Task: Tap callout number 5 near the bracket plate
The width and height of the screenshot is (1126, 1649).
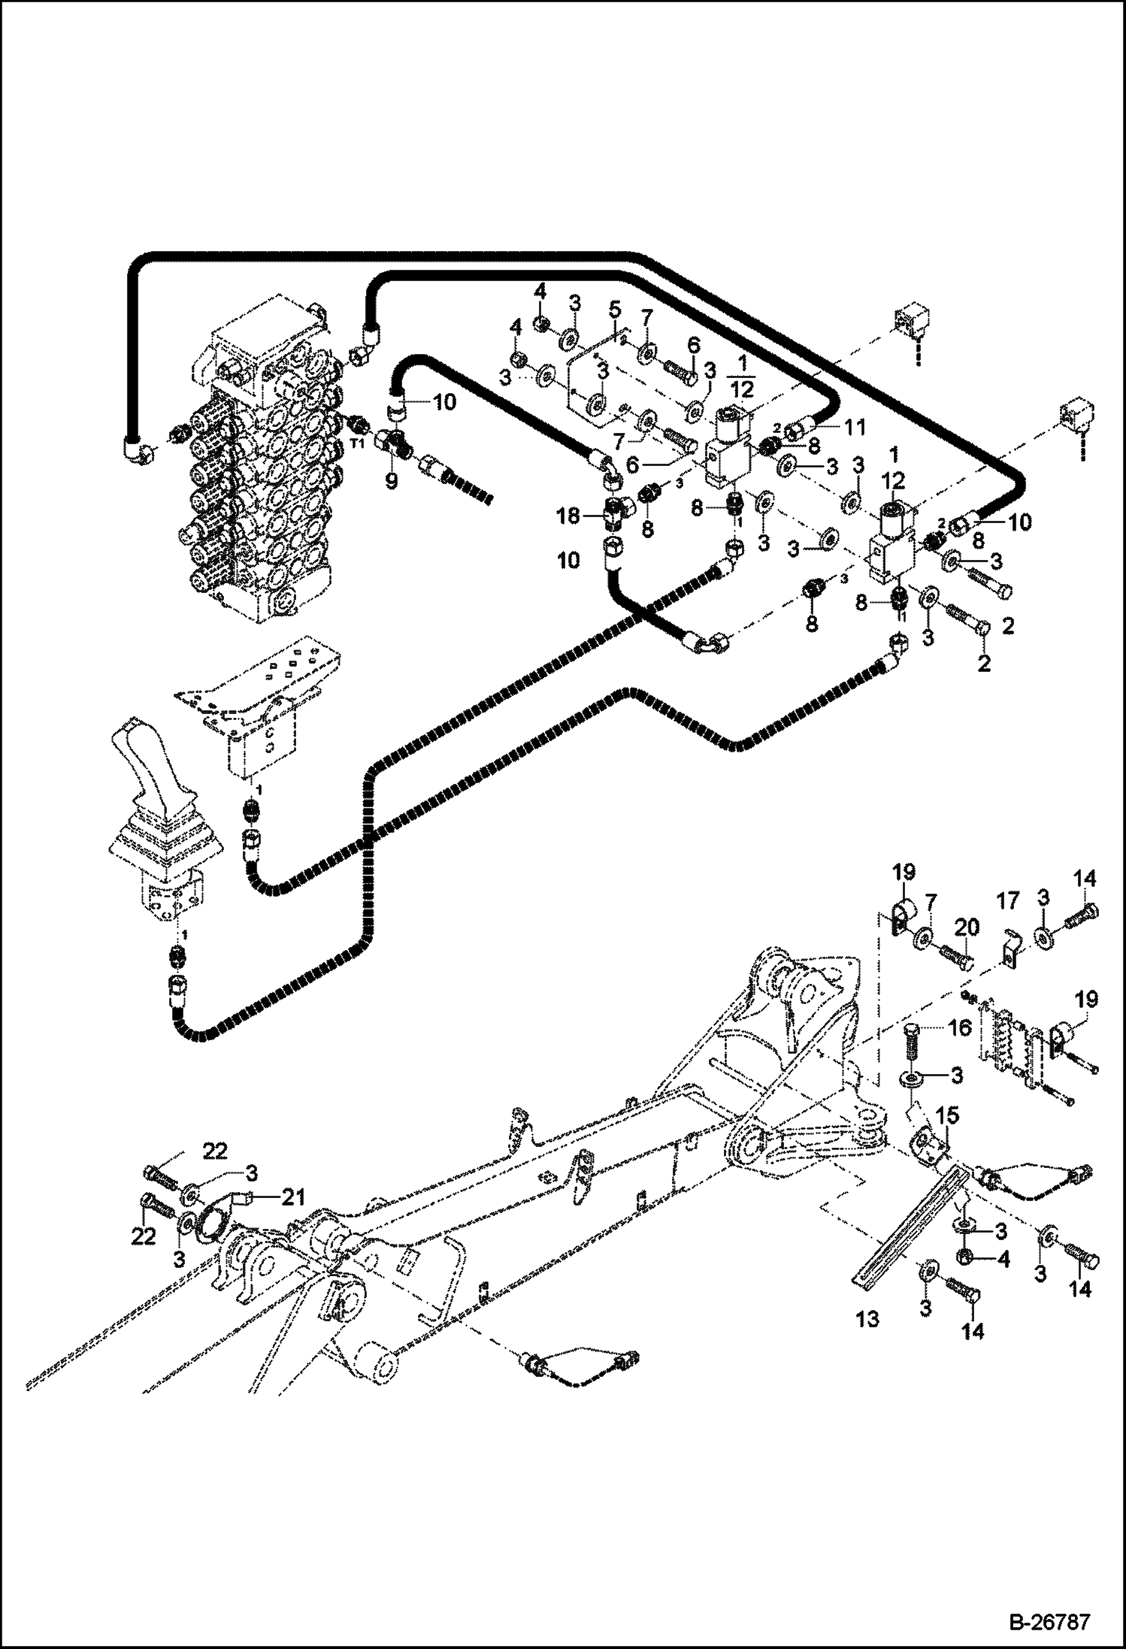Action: point(614,309)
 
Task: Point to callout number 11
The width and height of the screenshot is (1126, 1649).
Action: point(855,428)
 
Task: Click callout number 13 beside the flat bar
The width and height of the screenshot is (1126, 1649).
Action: point(867,1319)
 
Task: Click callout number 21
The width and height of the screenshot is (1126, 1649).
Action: point(294,1197)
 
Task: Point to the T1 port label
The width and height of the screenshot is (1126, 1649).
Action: point(359,443)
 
